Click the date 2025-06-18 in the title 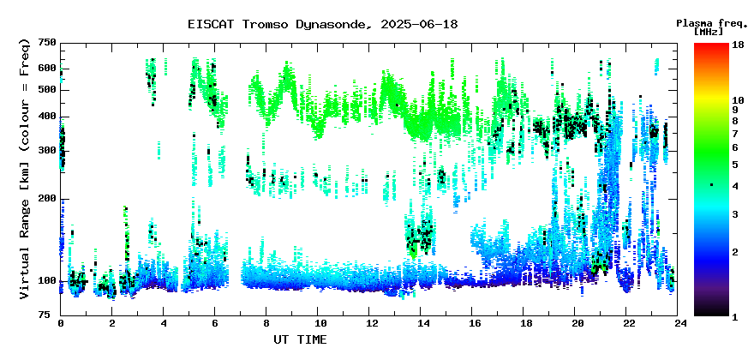(419, 24)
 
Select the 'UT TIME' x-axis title (300, 339)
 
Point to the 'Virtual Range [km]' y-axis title (25, 248)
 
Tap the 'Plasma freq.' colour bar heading (712, 24)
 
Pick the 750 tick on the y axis (48, 44)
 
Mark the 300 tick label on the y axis (48, 151)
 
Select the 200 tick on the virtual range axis (48, 199)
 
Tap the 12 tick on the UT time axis (368, 324)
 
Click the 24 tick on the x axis (678, 324)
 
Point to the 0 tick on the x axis (61, 324)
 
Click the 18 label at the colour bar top (738, 45)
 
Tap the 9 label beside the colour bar (735, 111)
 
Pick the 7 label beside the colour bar (735, 134)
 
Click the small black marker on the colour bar (711, 185)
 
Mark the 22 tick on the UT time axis (626, 324)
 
